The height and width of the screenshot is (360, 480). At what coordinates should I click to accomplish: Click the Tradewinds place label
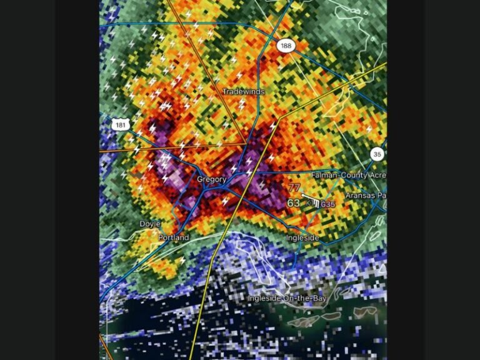coord(244,92)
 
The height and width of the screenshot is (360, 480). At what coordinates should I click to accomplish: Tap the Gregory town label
coord(212,179)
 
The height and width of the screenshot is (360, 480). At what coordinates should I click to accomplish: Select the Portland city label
coord(174,238)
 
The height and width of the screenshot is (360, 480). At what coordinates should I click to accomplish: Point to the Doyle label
coord(150,224)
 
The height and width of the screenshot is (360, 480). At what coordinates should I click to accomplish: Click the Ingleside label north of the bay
coord(303,238)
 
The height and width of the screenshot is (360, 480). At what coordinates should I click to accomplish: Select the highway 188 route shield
coord(286,46)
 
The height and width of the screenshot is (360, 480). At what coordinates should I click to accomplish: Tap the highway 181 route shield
coord(120,125)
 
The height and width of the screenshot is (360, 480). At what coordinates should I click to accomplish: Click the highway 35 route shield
coord(376,154)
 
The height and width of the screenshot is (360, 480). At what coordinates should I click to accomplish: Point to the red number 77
coord(294,187)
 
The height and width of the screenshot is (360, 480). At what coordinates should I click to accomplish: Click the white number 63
coord(294,203)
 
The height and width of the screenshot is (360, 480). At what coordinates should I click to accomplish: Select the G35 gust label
coord(328,204)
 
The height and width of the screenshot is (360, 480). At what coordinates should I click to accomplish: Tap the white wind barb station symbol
coord(311,201)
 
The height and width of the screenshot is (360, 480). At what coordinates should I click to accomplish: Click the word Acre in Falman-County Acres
coord(377,176)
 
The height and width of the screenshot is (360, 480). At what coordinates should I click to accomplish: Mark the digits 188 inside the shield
coord(286,46)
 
